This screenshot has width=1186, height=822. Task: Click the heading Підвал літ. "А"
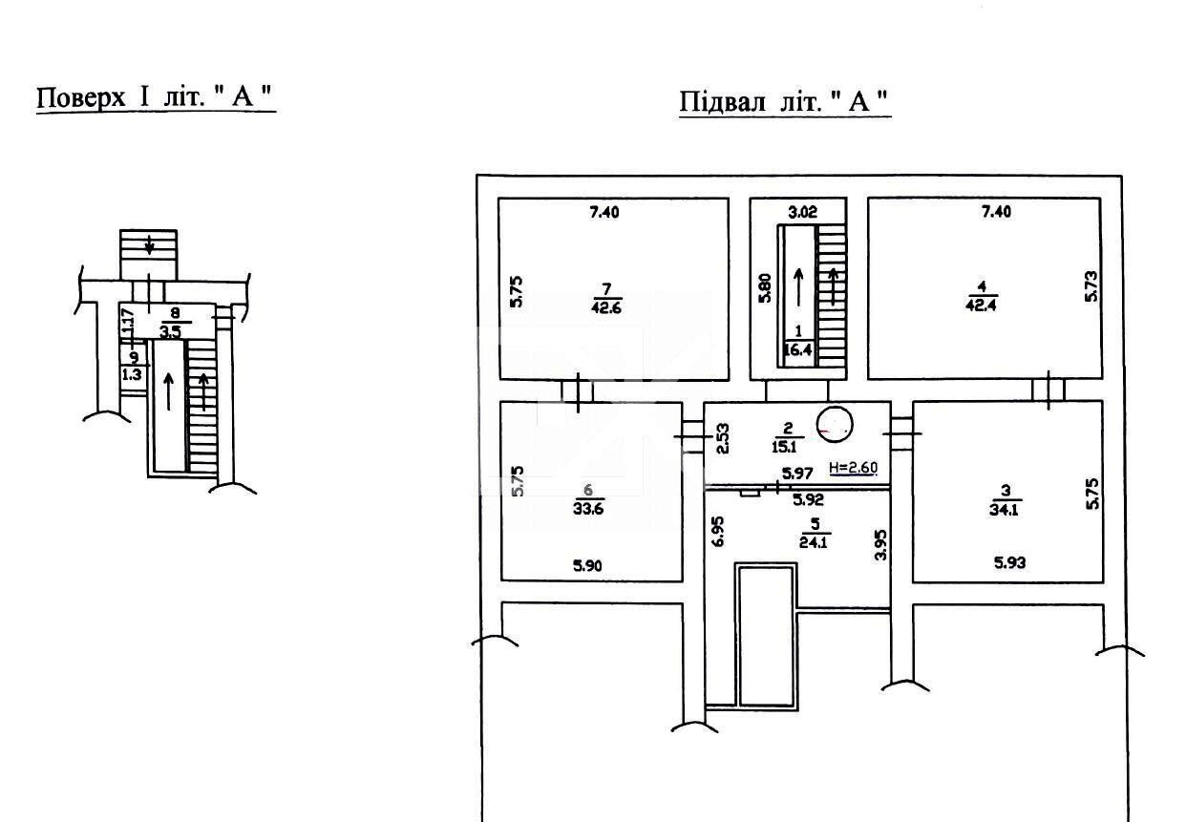(x=784, y=101)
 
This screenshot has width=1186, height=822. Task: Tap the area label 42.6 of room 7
(x=606, y=307)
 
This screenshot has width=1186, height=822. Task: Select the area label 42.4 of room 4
(x=981, y=306)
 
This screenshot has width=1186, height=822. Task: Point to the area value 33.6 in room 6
(x=588, y=509)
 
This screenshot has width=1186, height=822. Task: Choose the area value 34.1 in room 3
(x=1004, y=510)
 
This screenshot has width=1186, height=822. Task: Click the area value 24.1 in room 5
(x=814, y=542)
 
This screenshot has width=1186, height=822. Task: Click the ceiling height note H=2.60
(x=853, y=468)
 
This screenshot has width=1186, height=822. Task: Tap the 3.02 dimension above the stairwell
(x=803, y=212)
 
